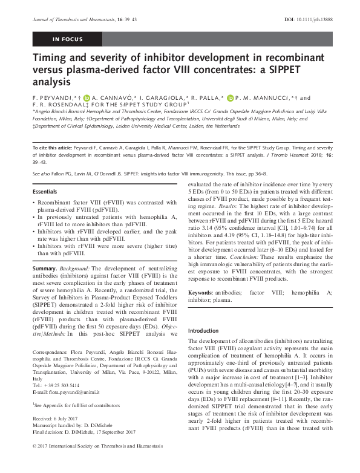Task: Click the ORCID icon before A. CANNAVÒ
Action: [87, 97]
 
